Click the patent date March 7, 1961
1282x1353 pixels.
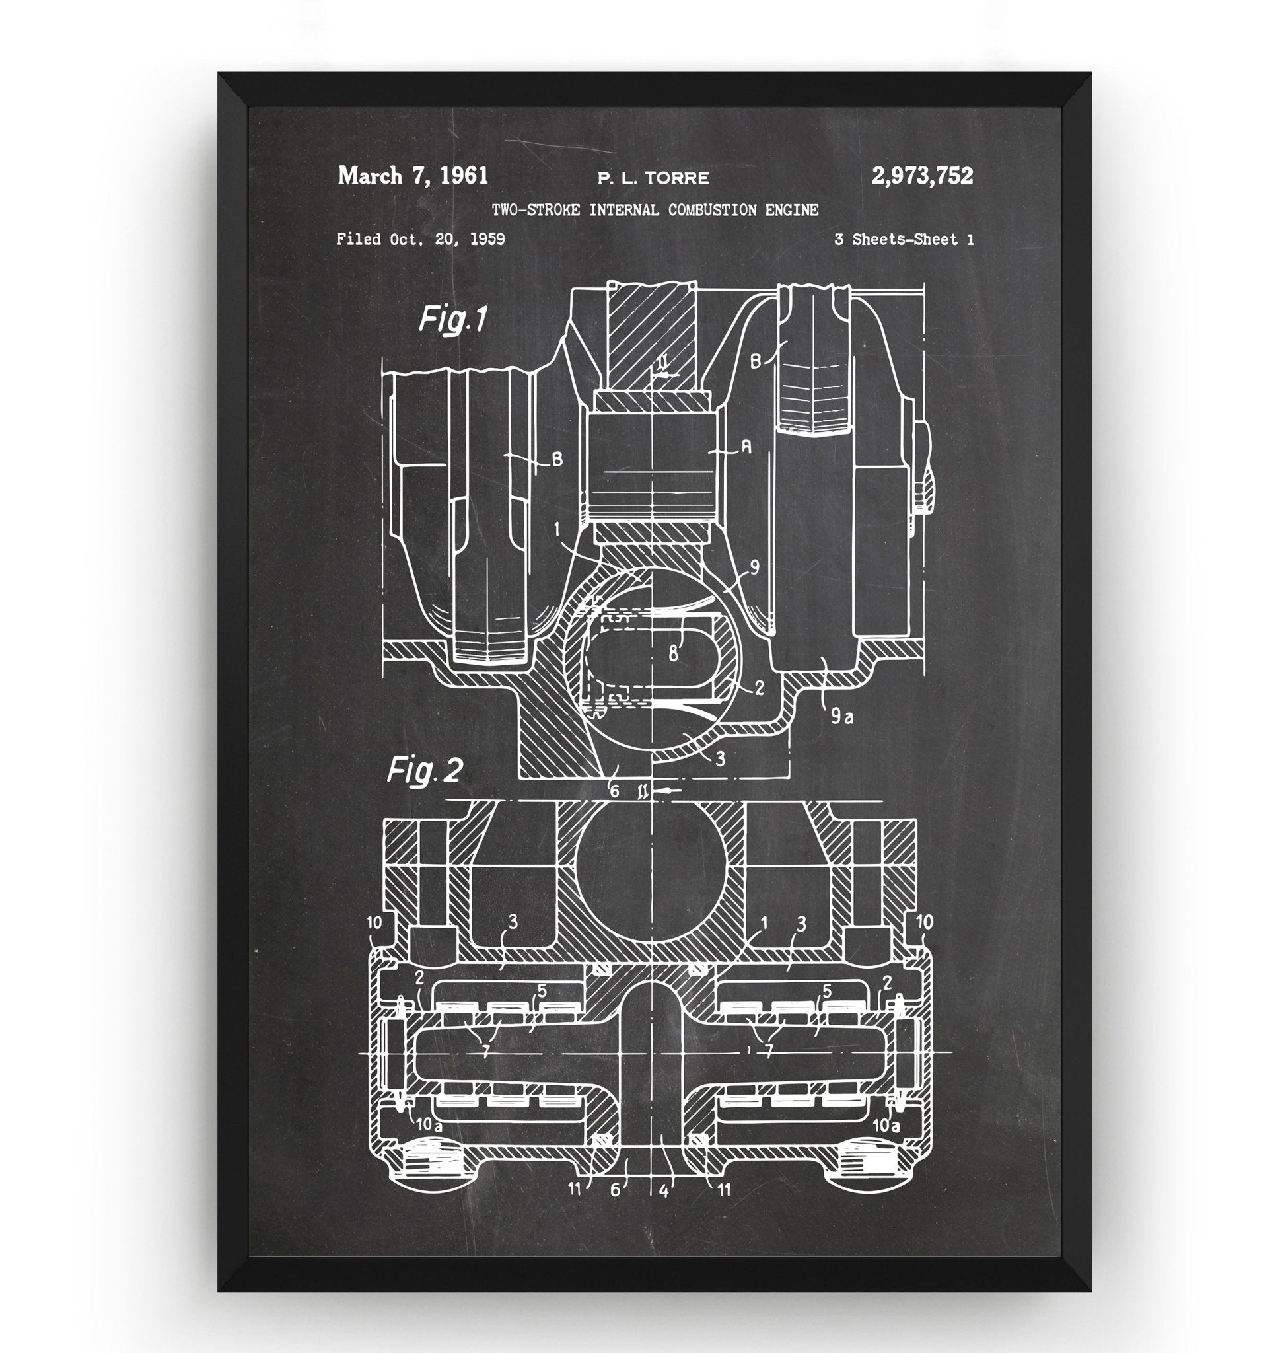[413, 176]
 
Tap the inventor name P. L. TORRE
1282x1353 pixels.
[653, 178]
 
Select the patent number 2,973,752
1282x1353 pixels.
[922, 176]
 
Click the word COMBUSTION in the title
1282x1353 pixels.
[712, 210]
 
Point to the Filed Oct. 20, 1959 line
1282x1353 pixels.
[420, 239]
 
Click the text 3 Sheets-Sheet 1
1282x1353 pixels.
[904, 239]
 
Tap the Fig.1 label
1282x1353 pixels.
[452, 319]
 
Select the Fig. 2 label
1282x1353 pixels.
[425, 771]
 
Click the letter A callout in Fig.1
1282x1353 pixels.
[746, 448]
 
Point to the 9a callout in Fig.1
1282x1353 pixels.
[842, 717]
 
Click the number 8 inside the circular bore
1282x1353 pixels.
[673, 653]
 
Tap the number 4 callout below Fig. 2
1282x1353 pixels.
[664, 1190]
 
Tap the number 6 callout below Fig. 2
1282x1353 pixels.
[615, 1190]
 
